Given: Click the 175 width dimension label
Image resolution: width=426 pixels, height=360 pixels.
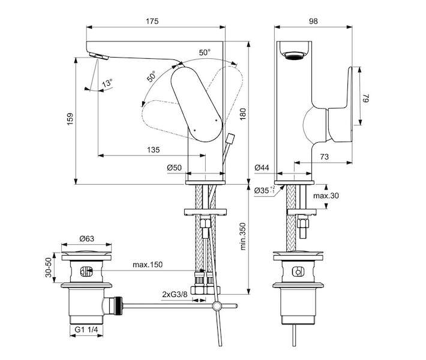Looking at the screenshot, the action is tap(152, 21).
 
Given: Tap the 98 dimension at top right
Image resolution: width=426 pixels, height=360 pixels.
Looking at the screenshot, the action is tap(313, 21).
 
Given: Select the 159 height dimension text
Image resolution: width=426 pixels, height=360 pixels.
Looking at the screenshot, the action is tap(70, 119).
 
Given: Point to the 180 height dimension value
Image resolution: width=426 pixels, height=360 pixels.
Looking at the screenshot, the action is tap(242, 114).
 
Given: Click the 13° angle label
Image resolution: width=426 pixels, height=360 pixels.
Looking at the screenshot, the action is tap(107, 83).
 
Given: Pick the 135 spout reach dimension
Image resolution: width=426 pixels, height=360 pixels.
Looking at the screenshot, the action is tap(154, 150).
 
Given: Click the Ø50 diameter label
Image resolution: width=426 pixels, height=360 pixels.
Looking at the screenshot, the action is tap(174, 167).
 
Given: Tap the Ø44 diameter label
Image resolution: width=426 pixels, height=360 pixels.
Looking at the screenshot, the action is tap(262, 167).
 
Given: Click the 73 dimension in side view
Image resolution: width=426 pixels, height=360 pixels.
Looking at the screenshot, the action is tap(325, 157).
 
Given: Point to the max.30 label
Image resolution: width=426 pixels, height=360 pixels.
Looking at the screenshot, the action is tap(326, 196).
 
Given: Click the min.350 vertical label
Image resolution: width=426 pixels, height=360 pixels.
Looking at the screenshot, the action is tap(242, 236).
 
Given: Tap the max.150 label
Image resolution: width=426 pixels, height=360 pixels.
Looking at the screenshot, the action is tap(148, 265).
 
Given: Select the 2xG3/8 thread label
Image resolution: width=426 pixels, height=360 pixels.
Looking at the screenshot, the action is tap(175, 294).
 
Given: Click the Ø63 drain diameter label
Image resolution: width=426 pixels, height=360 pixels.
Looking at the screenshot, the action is tap(87, 239).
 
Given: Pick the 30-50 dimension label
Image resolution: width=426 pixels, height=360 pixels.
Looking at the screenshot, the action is tap(49, 268).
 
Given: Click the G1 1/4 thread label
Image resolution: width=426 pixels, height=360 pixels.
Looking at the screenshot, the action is tap(86, 329).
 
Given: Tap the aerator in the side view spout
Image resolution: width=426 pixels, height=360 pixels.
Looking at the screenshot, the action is tap(294, 55).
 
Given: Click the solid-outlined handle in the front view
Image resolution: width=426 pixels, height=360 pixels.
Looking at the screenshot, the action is tap(197, 104).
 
